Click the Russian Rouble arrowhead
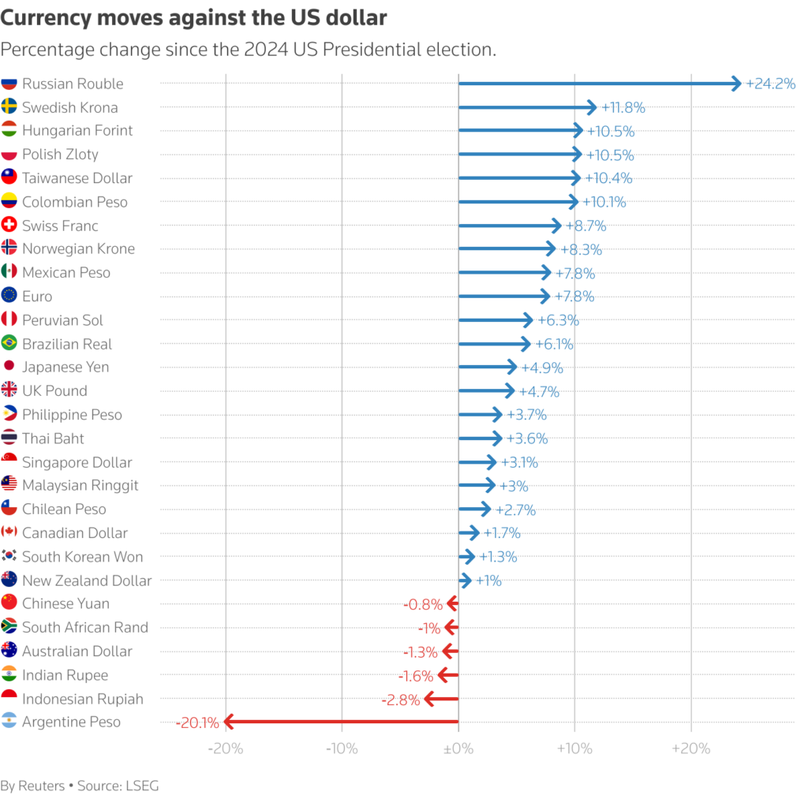[x=737, y=84]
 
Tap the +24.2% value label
[x=770, y=84]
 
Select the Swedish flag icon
[x=9, y=107]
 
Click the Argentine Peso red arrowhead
[x=228, y=722]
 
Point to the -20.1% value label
[x=199, y=722]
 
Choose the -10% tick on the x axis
[x=342, y=747]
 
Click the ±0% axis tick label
[x=458, y=747]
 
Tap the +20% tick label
[x=691, y=747]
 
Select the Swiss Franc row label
[x=60, y=226]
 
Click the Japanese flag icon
[x=9, y=367]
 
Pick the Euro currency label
[x=37, y=297]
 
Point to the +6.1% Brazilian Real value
[x=554, y=344]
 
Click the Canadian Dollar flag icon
[x=9, y=532]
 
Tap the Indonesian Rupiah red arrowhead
[x=428, y=699]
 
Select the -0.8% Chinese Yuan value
[x=423, y=604]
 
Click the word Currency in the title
[x=44, y=17]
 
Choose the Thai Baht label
[x=53, y=439]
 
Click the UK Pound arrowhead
[x=511, y=391]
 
